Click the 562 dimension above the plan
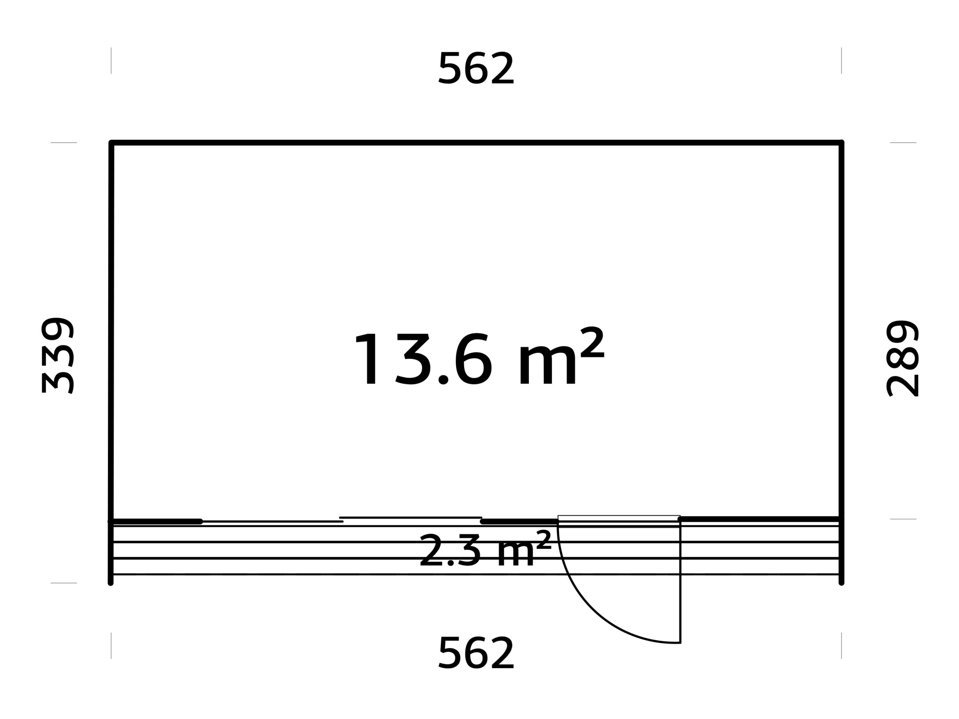(x=476, y=68)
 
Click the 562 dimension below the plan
(x=476, y=652)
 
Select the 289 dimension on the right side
(x=902, y=358)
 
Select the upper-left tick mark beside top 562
(x=111, y=61)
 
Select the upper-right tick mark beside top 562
(x=841, y=61)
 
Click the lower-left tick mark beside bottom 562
(x=111, y=646)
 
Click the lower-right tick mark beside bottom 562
(x=841, y=646)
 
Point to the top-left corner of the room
(x=111, y=143)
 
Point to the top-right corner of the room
(x=841, y=143)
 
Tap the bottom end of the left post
(x=111, y=583)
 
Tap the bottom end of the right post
(x=841, y=583)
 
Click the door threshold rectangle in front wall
(x=619, y=518)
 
